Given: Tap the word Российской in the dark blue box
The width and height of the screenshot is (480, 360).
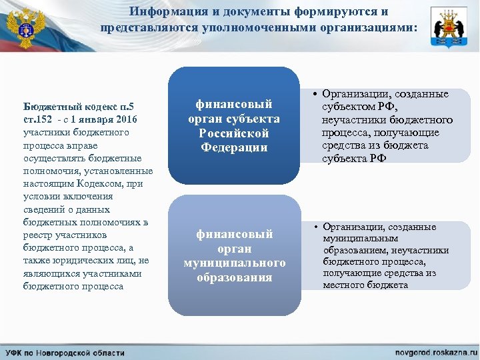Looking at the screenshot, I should click(233, 133).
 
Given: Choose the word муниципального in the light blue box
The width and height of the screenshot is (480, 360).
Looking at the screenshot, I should click(235, 263).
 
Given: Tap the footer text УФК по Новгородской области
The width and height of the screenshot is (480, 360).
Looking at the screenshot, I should click(65, 351).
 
